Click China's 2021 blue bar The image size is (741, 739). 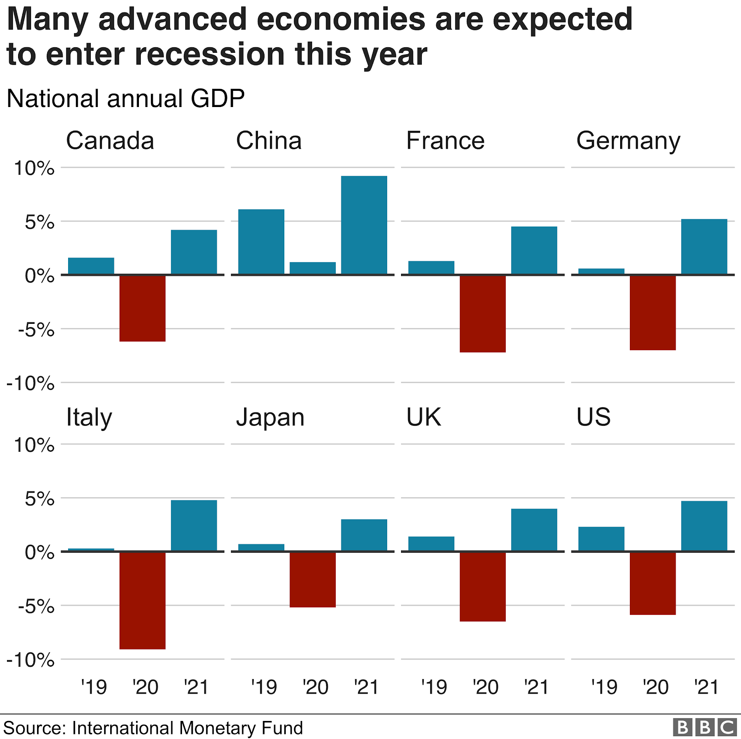[364, 225]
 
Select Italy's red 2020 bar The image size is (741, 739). [143, 600]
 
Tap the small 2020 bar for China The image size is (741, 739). [313, 268]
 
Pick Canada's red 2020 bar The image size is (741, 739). [143, 308]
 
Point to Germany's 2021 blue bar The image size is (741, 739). [704, 247]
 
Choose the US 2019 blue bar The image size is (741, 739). [601, 539]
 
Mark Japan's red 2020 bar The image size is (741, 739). [313, 579]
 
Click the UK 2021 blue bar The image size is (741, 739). [534, 530]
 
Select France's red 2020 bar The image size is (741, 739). [483, 314]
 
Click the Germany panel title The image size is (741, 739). [628, 141]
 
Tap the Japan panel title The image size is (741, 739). [270, 417]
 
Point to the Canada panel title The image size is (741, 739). [110, 141]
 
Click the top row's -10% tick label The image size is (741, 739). [31, 384]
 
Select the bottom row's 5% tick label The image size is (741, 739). [40, 499]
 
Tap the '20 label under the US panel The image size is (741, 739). [655, 687]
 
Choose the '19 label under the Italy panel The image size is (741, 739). [94, 687]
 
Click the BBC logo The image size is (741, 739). [704, 727]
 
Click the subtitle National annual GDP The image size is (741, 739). [126, 99]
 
